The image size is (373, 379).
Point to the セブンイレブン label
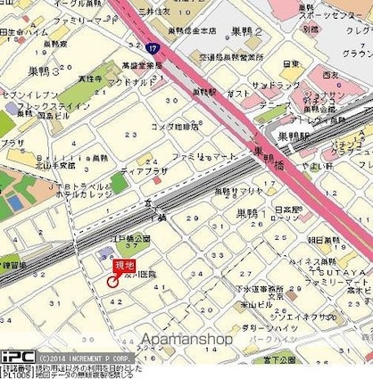19,95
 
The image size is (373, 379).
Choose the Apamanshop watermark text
186,339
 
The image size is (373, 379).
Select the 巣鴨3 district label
44,69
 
